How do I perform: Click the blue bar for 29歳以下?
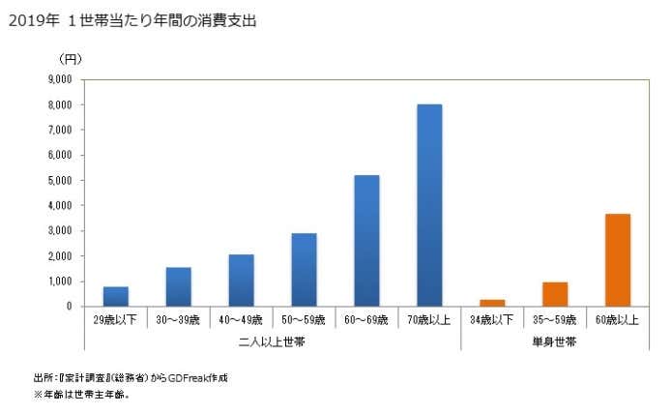pos(116,296)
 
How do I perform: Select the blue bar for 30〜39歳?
pos(179,286)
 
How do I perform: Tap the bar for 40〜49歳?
pos(242,281)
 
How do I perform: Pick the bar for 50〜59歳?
pos(305,270)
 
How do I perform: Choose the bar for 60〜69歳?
pos(366,241)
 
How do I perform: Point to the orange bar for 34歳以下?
pos(492,303)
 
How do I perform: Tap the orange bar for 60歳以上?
pos(618,260)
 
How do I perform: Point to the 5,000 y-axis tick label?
pos(60,181)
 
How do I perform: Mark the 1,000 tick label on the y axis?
pos(60,282)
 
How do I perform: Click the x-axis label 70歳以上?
pos(429,319)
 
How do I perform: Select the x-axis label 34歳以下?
pos(492,319)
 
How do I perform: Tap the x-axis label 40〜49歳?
pos(242,319)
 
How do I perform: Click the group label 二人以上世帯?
pos(273,341)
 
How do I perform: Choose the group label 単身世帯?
pos(555,341)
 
